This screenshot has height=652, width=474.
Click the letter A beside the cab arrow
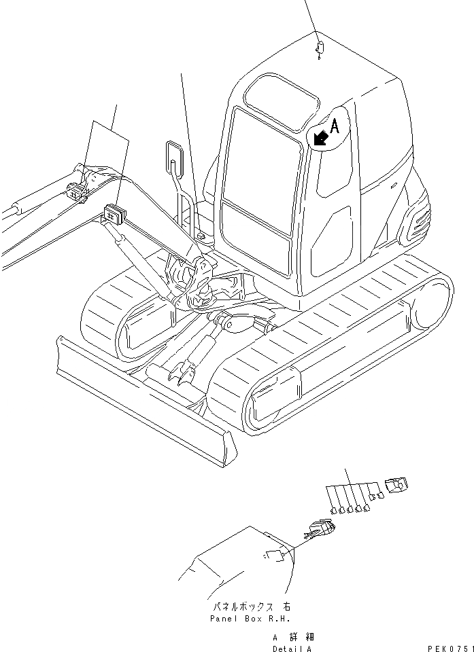click(x=334, y=126)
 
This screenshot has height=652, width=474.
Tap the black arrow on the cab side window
click(x=320, y=138)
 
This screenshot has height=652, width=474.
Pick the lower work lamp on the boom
click(x=113, y=213)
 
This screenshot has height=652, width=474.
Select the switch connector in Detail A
click(x=319, y=529)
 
